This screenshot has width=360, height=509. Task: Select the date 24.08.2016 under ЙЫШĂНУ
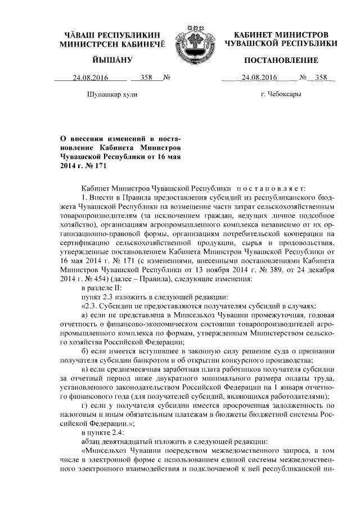(x=88, y=78)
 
